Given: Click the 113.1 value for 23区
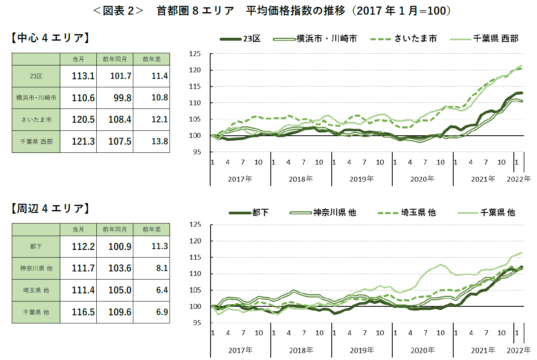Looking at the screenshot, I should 83,76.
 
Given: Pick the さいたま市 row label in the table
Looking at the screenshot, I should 36,120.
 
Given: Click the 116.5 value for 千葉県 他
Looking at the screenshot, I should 83,312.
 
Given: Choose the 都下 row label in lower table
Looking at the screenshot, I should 36,246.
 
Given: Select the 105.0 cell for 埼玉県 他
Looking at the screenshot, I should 120,290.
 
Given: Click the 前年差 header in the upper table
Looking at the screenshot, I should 152,59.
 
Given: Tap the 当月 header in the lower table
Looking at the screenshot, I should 78,230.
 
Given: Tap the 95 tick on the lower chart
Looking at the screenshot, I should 197,323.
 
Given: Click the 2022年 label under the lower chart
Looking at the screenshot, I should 519,350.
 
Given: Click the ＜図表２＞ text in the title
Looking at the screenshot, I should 118,11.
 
